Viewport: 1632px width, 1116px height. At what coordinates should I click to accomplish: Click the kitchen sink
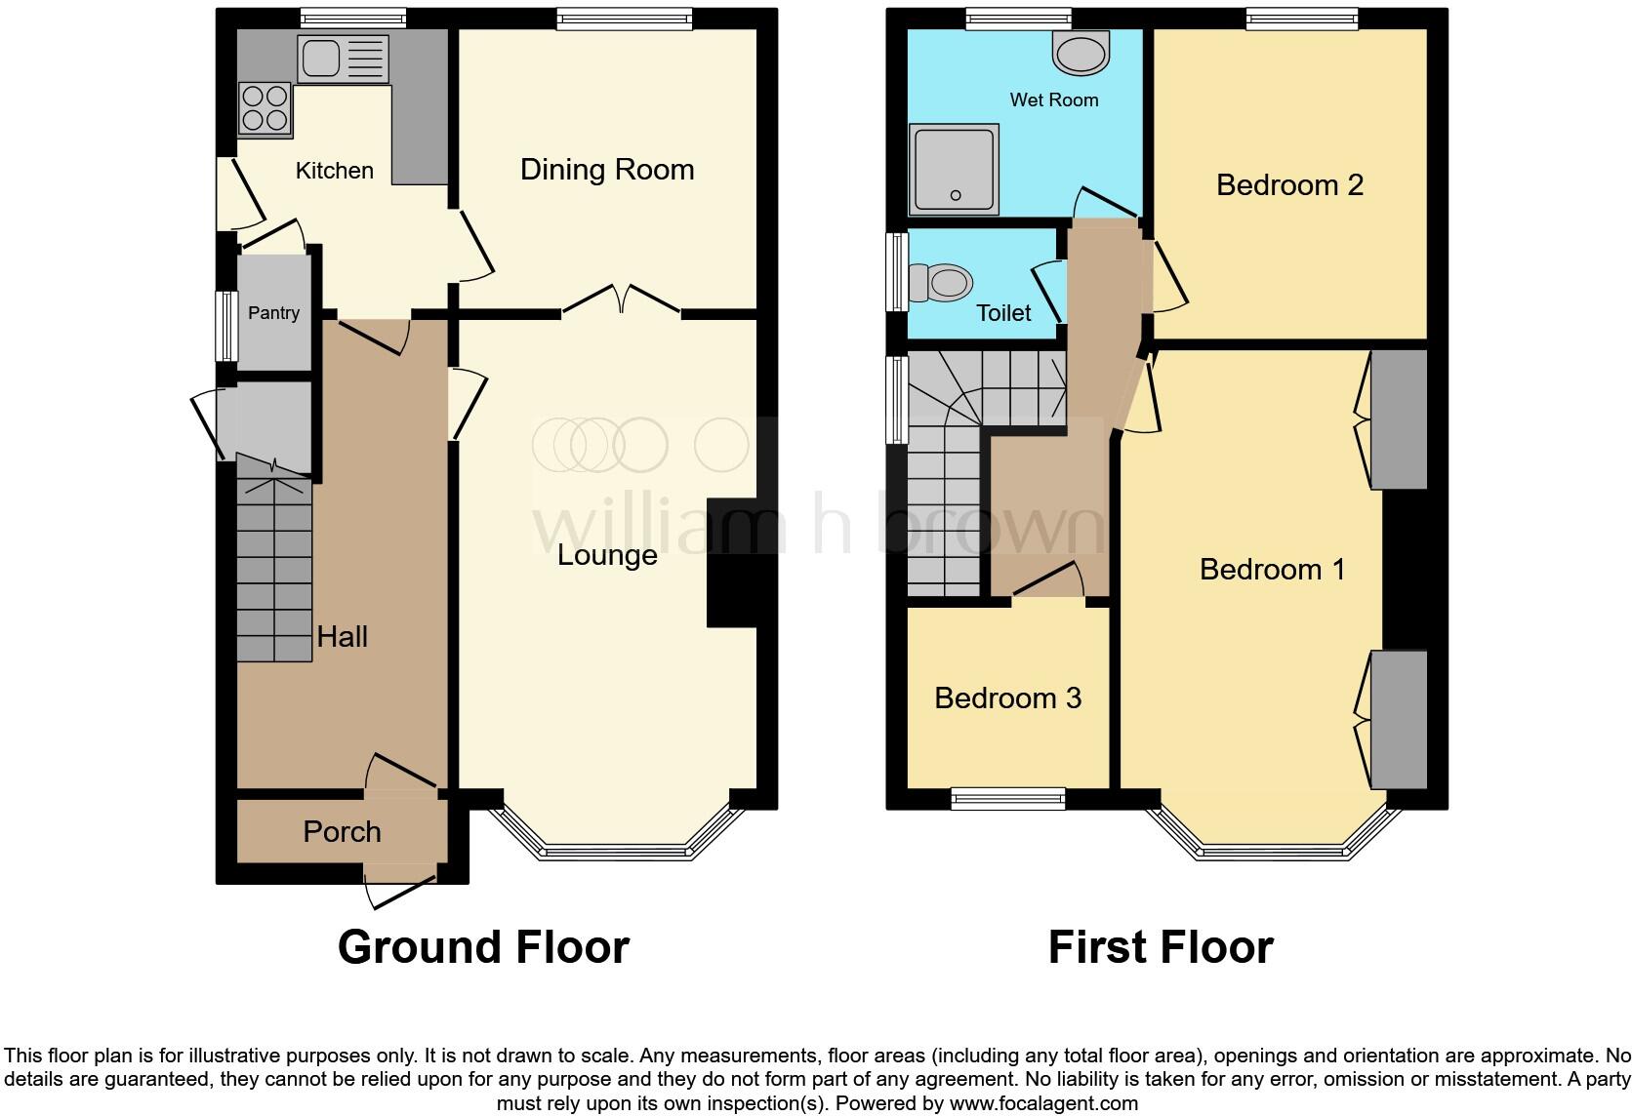click(x=343, y=60)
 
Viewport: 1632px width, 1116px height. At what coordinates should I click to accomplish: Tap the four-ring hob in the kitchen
click(x=265, y=108)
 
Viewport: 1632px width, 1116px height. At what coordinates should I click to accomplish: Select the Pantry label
click(x=273, y=313)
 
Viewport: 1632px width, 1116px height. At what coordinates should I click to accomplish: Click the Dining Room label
click(x=607, y=170)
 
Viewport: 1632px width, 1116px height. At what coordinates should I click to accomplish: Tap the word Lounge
click(x=607, y=555)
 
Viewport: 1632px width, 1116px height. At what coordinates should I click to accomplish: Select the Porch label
click(x=342, y=832)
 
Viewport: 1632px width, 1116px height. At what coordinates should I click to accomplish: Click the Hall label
click(x=342, y=637)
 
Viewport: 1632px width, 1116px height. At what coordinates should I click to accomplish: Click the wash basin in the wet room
click(x=1081, y=52)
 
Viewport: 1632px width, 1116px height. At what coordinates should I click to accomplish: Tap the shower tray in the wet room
click(x=954, y=170)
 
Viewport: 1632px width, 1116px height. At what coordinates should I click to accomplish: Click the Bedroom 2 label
click(x=1289, y=185)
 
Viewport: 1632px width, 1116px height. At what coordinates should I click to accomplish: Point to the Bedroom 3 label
click(x=1007, y=698)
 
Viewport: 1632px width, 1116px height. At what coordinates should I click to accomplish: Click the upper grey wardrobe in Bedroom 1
click(x=1399, y=419)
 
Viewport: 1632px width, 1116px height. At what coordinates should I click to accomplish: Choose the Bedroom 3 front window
click(x=1008, y=799)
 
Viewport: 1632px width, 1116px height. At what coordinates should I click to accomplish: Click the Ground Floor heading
click(x=483, y=947)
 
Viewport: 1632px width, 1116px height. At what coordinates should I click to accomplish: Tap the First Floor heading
click(x=1161, y=947)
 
